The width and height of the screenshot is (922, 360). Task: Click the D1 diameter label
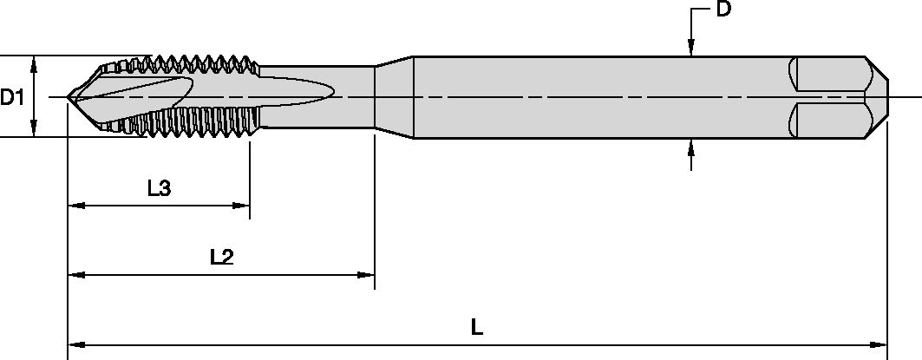pos(12,96)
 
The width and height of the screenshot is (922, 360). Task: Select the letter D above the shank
pos(722,10)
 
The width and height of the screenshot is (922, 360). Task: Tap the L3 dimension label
pos(159,188)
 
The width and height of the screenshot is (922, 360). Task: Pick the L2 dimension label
pos(223,257)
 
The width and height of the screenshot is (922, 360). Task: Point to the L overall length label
pos(477,327)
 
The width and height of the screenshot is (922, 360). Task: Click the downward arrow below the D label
pos(690,50)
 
